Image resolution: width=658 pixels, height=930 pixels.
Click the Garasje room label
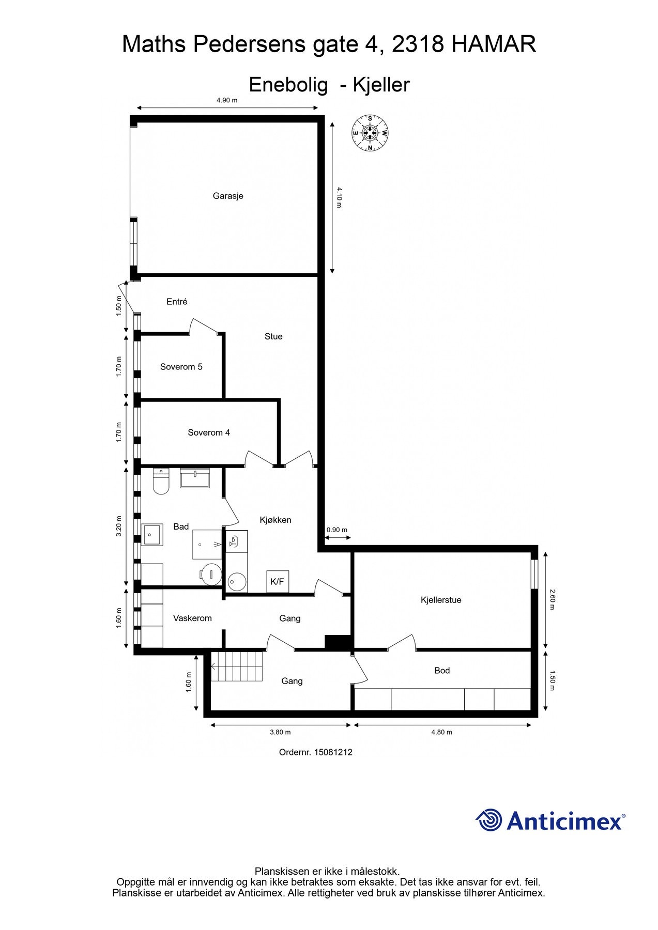pyautogui.click(x=228, y=196)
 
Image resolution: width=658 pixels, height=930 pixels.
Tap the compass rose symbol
pyautogui.click(x=370, y=132)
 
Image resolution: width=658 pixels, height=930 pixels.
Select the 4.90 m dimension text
pyautogui.click(x=227, y=100)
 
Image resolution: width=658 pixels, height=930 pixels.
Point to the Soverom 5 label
pyautogui.click(x=181, y=367)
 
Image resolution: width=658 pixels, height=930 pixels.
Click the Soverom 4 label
pyautogui.click(x=209, y=432)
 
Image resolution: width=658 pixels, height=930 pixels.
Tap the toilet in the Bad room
pyautogui.click(x=161, y=481)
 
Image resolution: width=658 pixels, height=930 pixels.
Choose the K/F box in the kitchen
pyautogui.click(x=278, y=581)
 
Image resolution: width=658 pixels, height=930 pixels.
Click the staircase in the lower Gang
pyautogui.click(x=238, y=667)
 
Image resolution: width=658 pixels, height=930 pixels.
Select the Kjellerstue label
pyautogui.click(x=441, y=600)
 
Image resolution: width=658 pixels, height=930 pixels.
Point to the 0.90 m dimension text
pyautogui.click(x=337, y=530)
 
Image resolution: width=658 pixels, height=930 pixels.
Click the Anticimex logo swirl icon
pyautogui.click(x=489, y=820)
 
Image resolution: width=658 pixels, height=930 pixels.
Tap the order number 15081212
pyautogui.click(x=333, y=752)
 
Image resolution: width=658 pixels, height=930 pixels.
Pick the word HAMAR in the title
pyautogui.click(x=494, y=44)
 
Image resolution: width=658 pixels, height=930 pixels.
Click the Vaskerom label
pyautogui.click(x=192, y=618)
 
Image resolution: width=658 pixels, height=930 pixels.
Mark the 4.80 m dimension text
pyautogui.click(x=441, y=732)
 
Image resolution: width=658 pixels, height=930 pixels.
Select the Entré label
pyautogui.click(x=177, y=302)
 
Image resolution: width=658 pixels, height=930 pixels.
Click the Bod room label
pyautogui.click(x=442, y=671)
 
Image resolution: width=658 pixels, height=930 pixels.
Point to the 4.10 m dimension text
pyautogui.click(x=339, y=197)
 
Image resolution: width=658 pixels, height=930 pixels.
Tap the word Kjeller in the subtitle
pyautogui.click(x=381, y=85)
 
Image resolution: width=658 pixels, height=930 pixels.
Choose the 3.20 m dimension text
pyautogui.click(x=119, y=526)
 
